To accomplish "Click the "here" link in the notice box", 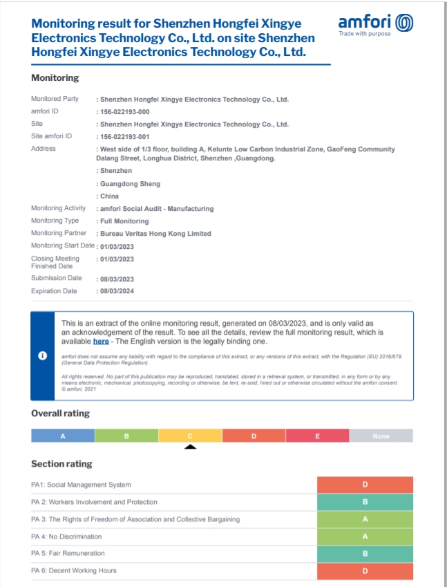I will click(101, 341).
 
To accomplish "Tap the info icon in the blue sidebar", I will click(42, 355).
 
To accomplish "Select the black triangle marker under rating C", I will click(191, 447).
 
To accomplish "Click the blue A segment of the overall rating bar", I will click(63, 436).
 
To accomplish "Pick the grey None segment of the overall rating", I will click(381, 436).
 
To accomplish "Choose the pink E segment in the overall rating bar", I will click(317, 436).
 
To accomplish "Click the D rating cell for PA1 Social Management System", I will click(365, 485).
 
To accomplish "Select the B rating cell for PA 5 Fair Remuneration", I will click(365, 553).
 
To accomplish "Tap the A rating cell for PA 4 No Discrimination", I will click(365, 537).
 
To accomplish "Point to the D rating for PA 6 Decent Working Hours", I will click(365, 571).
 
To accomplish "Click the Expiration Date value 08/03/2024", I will click(117, 292).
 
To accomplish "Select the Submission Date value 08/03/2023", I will click(117, 279).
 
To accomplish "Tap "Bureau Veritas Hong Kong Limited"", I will click(155, 234).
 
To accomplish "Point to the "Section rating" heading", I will click(61, 463).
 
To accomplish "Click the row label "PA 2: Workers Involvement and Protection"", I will click(94, 502).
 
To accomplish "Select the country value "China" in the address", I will click(109, 196).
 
